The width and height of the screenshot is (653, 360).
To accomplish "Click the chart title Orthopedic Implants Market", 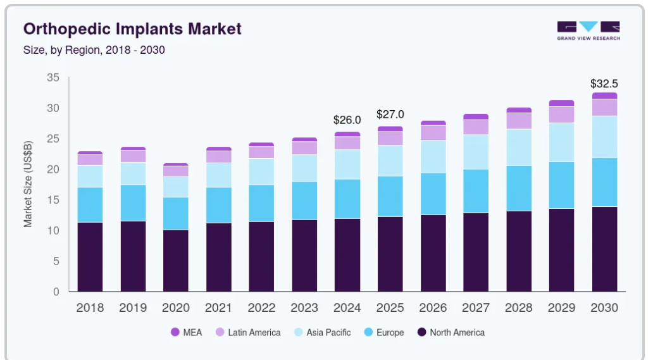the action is (x=132, y=29).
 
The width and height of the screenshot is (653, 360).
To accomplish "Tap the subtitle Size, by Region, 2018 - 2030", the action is (x=94, y=50).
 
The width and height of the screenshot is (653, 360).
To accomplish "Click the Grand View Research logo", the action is (x=588, y=30).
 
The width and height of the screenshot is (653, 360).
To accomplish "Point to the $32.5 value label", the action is (x=604, y=84).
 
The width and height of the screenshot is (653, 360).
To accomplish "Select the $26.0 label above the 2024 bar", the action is (x=347, y=120).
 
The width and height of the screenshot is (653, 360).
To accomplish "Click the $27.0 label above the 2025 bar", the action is (x=390, y=114).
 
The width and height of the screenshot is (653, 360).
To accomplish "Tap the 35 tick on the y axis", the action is (x=53, y=77).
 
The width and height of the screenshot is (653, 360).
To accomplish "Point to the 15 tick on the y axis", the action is (x=53, y=200).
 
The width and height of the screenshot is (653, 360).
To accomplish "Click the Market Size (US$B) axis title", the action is (x=28, y=184).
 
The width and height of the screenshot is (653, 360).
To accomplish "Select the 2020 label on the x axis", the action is (x=176, y=307).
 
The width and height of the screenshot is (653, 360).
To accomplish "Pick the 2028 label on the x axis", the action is (x=518, y=307).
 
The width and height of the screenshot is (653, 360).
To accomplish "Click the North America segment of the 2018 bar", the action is (x=90, y=257).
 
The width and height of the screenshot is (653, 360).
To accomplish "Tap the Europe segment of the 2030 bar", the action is (x=605, y=182).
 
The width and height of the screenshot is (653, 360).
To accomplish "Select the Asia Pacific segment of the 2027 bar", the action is (x=476, y=152).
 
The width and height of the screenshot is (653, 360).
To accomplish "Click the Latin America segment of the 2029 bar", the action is (x=561, y=115).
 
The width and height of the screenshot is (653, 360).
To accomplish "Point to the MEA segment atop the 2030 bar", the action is (x=605, y=96).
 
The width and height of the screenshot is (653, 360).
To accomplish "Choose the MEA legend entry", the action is (x=186, y=332).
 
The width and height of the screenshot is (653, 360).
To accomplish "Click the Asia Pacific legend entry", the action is (x=322, y=332).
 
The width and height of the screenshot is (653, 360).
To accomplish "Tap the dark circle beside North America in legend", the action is (x=422, y=332).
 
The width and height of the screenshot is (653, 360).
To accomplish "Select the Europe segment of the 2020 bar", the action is (x=176, y=213).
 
